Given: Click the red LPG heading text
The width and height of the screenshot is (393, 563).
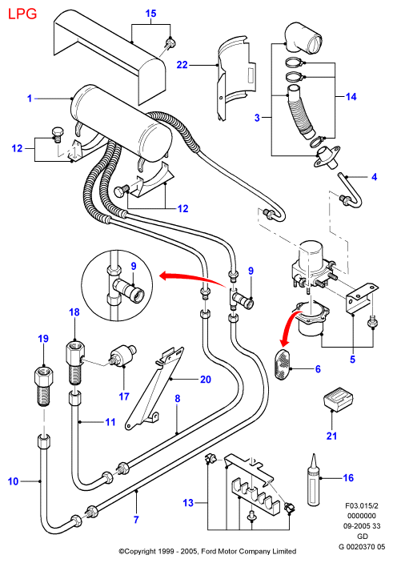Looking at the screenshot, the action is tap(22, 14).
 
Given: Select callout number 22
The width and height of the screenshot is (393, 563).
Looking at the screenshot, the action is tap(182, 65).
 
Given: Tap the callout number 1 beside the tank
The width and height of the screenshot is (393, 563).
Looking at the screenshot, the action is tap(30, 98).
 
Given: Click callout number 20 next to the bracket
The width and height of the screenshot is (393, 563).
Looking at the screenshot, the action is tap(205, 379).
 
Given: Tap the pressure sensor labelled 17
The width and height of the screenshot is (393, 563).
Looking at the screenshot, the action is tap(122, 355).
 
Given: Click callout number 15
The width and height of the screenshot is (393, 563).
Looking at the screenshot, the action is tap(150, 14).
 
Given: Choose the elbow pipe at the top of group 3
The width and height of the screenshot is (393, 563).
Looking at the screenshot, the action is tap(303, 38).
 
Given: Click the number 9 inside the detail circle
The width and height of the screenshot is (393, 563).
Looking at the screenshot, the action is tap(134, 267).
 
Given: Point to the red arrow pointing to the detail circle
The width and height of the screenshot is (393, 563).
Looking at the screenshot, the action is tap(192, 279).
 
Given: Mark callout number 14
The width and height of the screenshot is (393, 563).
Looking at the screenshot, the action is tap(351, 97).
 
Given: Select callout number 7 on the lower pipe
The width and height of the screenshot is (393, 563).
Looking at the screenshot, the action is tap(136, 519).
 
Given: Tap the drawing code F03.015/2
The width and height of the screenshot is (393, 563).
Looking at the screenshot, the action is tap(362, 506).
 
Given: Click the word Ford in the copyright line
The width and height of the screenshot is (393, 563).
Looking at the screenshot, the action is tap(209, 551).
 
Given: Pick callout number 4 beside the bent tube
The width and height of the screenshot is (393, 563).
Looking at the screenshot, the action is tap(375, 177).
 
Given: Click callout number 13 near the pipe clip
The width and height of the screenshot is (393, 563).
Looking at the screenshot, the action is tap(188, 503).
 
